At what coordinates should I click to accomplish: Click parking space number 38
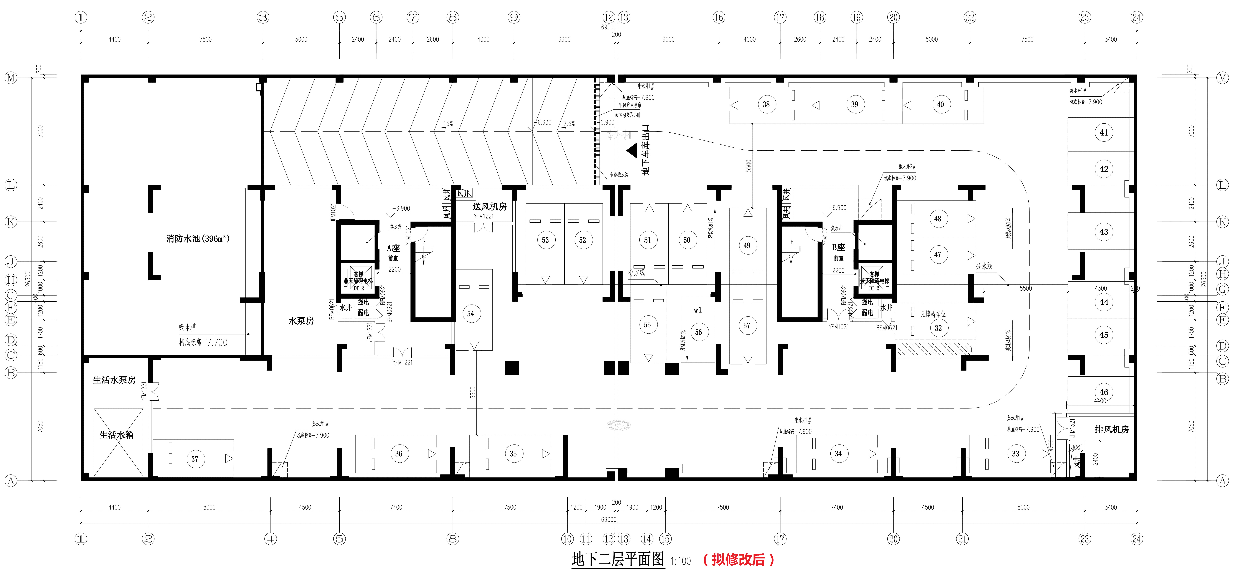point(766,104)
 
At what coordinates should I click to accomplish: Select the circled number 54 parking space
point(470,314)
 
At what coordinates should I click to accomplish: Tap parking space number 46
point(1104,392)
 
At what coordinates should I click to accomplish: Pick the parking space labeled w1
point(697,310)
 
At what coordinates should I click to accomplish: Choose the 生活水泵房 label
point(114,380)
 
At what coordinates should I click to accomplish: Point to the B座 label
point(838,247)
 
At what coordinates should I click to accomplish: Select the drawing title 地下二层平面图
point(618,559)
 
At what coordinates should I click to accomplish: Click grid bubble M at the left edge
point(11,78)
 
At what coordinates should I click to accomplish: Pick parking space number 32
point(938,328)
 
